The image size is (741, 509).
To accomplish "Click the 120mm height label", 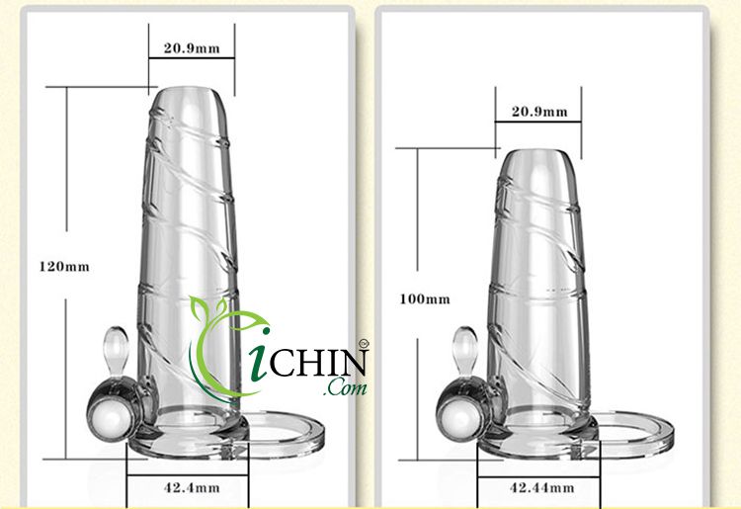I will [x=64, y=266].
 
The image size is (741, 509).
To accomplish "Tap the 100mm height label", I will [x=425, y=298].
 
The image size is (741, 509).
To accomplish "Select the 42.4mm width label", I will [x=188, y=486].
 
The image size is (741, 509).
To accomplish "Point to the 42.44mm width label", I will [x=540, y=486].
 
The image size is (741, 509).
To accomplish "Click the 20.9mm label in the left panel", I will [x=192, y=47].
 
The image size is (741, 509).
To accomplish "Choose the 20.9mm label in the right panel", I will [x=539, y=112].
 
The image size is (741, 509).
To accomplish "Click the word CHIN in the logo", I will [x=319, y=360].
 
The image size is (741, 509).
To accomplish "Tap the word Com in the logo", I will [x=349, y=387].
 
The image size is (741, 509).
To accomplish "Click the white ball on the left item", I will [x=110, y=406].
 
